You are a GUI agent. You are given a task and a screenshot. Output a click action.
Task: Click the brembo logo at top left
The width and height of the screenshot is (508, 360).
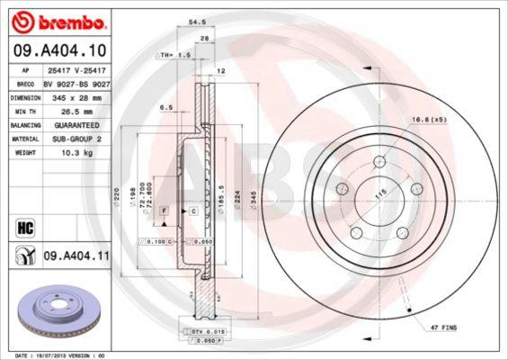pyautogui.click(x=57, y=20)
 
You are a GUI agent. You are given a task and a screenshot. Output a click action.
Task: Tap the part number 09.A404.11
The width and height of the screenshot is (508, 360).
pyautogui.click(x=76, y=256)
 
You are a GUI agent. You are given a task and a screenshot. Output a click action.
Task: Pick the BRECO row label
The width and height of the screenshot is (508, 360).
pyautogui.click(x=27, y=82)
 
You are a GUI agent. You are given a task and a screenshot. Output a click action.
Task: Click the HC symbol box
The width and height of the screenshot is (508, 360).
pyautogui.click(x=25, y=226)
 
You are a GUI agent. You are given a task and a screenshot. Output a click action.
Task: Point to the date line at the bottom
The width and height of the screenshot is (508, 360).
pyautogui.click(x=56, y=355)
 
